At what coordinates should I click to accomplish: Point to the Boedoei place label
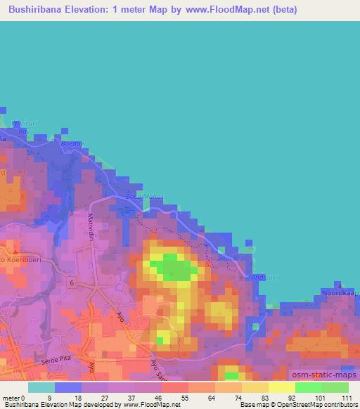73,145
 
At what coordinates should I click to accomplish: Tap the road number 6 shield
72,282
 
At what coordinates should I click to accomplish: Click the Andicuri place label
264,276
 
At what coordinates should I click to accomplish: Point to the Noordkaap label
340,292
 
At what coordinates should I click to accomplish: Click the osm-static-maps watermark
323,374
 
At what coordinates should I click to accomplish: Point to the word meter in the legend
11,398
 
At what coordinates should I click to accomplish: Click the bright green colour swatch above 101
308,387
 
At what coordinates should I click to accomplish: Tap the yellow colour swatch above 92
281,387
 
